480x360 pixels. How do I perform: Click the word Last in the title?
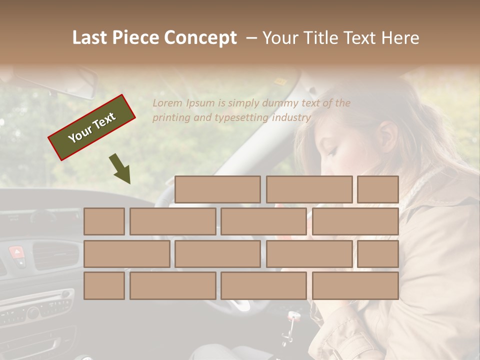click(90, 38)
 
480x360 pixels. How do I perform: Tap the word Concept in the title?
click(201, 38)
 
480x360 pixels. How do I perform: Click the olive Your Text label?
click(92, 127)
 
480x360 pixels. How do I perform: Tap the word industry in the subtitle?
click(291, 118)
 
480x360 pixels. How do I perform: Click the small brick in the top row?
click(378, 189)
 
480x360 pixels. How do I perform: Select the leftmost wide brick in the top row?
click(217, 189)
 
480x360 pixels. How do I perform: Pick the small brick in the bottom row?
click(104, 285)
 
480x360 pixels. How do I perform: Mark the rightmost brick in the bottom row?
click(355, 285)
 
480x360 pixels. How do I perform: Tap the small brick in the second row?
click(104, 221)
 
